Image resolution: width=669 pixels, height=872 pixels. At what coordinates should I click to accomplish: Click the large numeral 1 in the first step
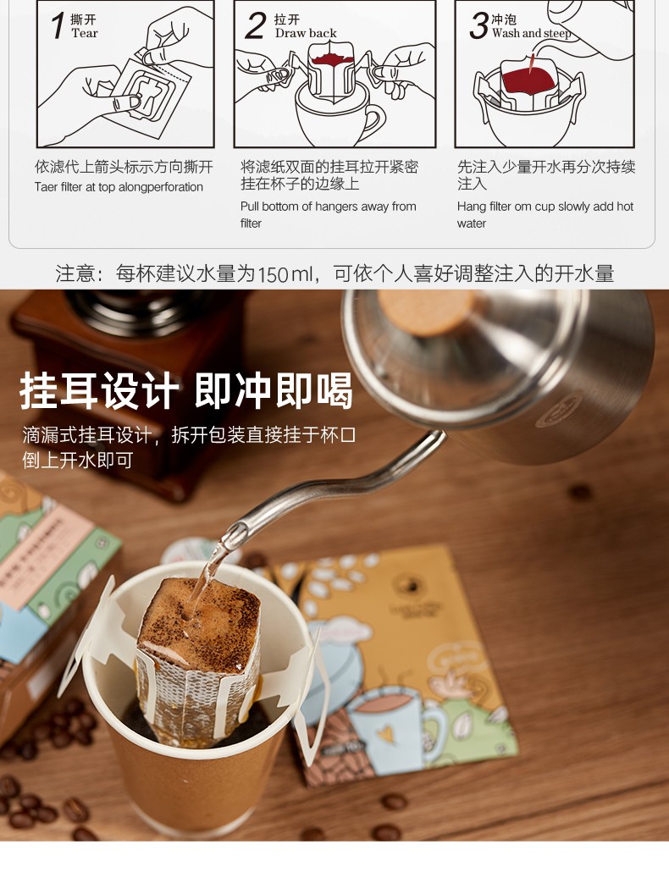point(58,25)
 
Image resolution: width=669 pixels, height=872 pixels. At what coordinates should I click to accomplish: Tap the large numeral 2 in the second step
point(255,25)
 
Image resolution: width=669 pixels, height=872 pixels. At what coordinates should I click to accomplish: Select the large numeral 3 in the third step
point(478,25)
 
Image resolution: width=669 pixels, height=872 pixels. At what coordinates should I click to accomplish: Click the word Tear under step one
point(85,33)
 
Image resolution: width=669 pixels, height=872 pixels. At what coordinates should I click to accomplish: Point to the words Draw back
point(306,33)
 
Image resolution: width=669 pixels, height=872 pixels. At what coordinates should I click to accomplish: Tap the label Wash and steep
point(531,33)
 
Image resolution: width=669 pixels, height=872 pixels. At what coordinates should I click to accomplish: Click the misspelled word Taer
point(47,187)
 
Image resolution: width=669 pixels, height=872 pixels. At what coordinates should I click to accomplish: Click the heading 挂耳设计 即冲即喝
point(186,391)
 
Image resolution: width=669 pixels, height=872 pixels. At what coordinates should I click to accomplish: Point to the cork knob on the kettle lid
point(426,311)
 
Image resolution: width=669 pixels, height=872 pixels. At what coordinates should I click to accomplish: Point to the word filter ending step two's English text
point(251,224)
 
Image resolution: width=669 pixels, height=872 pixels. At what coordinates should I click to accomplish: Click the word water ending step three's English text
point(472,224)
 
